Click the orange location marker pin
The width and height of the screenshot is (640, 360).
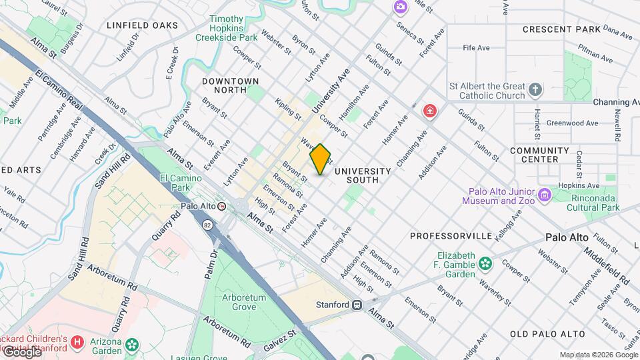[321, 159]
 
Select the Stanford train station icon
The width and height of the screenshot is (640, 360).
[357, 305]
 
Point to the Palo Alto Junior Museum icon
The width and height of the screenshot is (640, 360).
[545, 195]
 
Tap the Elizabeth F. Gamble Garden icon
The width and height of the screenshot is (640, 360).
[485, 262]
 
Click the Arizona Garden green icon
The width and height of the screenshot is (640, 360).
[133, 345]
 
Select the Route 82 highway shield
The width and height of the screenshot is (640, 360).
[209, 225]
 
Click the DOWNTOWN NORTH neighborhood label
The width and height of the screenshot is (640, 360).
[231, 87]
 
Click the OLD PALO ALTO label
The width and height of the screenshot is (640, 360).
[547, 334]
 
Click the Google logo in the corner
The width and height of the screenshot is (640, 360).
[21, 352]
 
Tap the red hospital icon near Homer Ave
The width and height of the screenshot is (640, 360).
[430, 111]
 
